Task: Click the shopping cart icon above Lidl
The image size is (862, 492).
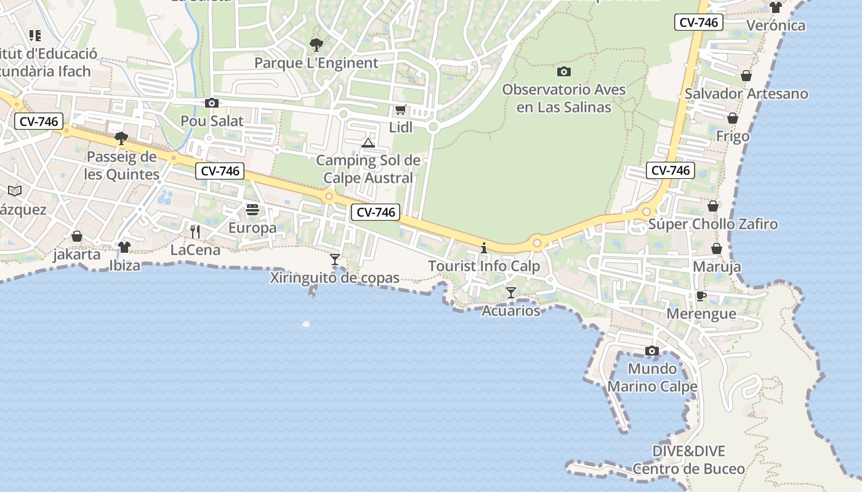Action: pos(400,110)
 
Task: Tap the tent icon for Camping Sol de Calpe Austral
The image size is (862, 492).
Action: pos(368,143)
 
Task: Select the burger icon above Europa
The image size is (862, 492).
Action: pos(252,210)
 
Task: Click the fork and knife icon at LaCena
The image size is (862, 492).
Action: pos(195,232)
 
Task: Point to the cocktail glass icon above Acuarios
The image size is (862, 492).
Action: pos(511,293)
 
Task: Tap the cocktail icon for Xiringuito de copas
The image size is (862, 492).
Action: pos(335,260)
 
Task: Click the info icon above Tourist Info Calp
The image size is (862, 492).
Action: pos(484,248)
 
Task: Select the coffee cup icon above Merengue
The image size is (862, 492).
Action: pos(701,296)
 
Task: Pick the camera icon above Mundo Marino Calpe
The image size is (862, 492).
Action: pos(652,351)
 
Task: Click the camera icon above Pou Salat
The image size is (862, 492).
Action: pos(212,103)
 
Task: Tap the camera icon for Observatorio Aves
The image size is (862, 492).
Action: pos(564,72)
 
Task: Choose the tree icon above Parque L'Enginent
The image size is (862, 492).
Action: pos(316,45)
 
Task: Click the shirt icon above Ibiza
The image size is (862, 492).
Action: pos(124,247)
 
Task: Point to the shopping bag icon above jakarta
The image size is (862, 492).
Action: pos(77,236)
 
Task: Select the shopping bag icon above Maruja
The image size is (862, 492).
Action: pos(717,249)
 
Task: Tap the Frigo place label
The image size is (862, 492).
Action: pos(733,137)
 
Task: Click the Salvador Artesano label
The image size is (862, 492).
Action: pos(746,94)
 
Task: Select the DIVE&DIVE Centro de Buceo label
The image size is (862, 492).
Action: pos(689,460)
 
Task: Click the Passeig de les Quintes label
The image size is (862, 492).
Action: pos(122,165)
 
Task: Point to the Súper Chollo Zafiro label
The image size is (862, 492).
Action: pos(713,224)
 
